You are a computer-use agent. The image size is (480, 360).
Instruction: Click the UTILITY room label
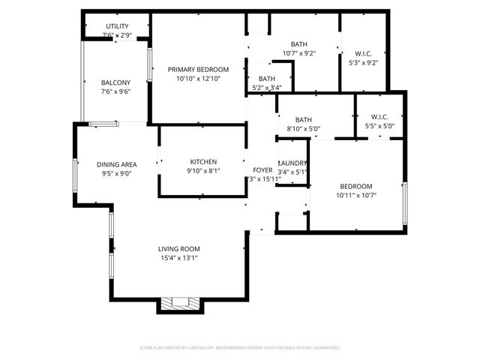click(x=116, y=26)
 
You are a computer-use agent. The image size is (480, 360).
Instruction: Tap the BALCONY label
click(x=116, y=82)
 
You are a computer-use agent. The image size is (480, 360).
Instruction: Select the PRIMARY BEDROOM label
click(x=198, y=70)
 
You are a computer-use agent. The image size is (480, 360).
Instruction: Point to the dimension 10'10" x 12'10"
click(x=198, y=79)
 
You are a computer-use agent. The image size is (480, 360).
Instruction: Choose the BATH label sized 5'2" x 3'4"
click(x=266, y=79)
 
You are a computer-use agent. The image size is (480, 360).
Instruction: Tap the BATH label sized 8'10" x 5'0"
click(x=303, y=119)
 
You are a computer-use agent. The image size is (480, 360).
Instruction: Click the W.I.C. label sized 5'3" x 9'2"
click(x=363, y=53)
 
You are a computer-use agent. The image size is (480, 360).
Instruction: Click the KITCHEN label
click(x=203, y=162)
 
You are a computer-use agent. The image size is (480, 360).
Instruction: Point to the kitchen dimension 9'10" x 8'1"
click(x=203, y=171)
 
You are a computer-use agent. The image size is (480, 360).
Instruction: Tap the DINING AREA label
click(x=116, y=164)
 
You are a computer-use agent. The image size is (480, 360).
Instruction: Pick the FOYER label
click(x=262, y=170)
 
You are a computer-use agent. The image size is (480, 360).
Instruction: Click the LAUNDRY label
click(x=292, y=163)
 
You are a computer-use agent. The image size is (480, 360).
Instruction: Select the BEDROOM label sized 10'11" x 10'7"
click(x=355, y=187)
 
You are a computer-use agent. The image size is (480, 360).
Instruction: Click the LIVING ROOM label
click(x=178, y=249)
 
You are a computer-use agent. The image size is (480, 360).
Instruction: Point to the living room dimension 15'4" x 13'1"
click(x=178, y=258)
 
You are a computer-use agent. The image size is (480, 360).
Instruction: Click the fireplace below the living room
click(x=179, y=304)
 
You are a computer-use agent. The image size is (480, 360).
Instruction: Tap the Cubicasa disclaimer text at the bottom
click(x=240, y=348)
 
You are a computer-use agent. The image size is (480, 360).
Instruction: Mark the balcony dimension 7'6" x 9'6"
click(x=116, y=91)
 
